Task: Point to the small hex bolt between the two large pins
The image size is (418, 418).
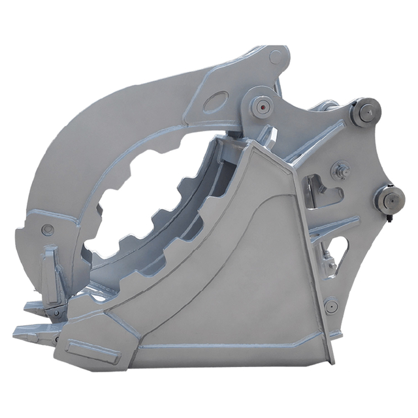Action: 340,172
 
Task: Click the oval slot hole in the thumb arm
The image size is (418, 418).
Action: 216,102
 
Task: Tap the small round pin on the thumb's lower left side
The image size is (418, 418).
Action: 47,229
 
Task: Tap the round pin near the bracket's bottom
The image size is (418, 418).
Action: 331,304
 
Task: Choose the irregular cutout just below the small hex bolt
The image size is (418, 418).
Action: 324,189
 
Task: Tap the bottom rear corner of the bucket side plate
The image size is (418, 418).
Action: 331,361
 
